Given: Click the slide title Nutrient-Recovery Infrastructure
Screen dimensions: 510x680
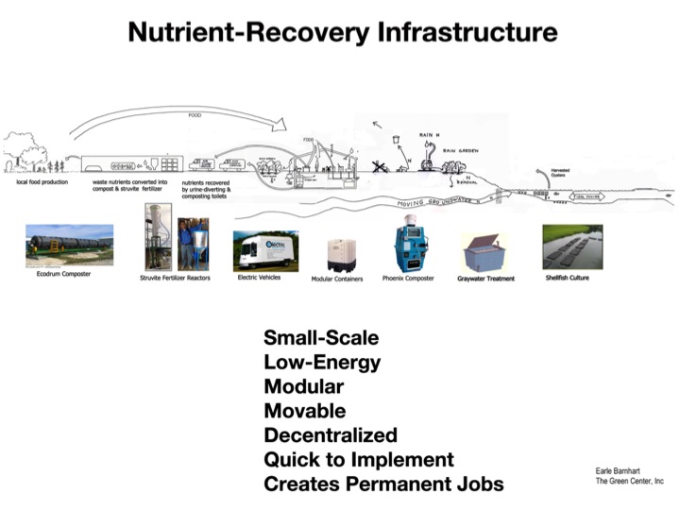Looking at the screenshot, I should (x=341, y=33).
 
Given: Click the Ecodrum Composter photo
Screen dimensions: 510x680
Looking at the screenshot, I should (x=69, y=246).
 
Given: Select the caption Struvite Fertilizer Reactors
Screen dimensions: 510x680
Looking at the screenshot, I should (x=176, y=279).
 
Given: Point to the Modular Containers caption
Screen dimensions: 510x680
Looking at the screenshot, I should (x=337, y=279).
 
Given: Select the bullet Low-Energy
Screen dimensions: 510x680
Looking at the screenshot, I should (x=322, y=362).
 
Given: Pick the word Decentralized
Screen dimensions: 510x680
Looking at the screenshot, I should (x=330, y=435).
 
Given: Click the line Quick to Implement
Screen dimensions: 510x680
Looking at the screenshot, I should (x=359, y=460).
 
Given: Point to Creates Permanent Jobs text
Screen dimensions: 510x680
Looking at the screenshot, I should (x=383, y=484).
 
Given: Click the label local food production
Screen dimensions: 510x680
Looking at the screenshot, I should (x=42, y=181).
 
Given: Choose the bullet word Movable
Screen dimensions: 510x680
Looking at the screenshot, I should (x=304, y=411).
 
